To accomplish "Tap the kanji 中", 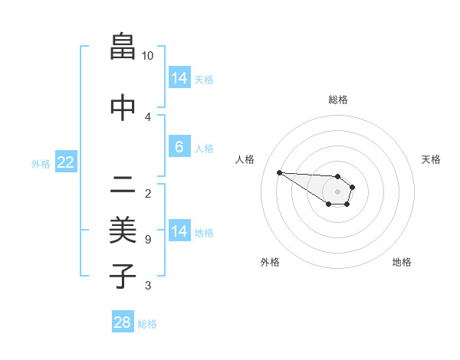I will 123,108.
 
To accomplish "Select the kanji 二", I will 123,184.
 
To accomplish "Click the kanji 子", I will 123,277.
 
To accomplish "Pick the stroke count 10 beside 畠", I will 148,56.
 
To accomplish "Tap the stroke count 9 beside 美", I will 147,240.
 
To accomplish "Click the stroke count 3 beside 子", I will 147,286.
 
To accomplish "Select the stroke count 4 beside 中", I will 147,116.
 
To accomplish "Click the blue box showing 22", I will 66,162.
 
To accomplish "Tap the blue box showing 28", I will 123,322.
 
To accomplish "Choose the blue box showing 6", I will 179,147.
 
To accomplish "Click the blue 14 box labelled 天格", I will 179,78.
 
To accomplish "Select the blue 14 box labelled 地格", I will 179,231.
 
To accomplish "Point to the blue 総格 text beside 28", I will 147,324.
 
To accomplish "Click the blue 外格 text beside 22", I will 41,163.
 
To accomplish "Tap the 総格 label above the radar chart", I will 337,100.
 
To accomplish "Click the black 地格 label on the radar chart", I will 402,263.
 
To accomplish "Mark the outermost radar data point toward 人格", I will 279,172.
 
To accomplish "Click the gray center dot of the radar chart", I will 337,191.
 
